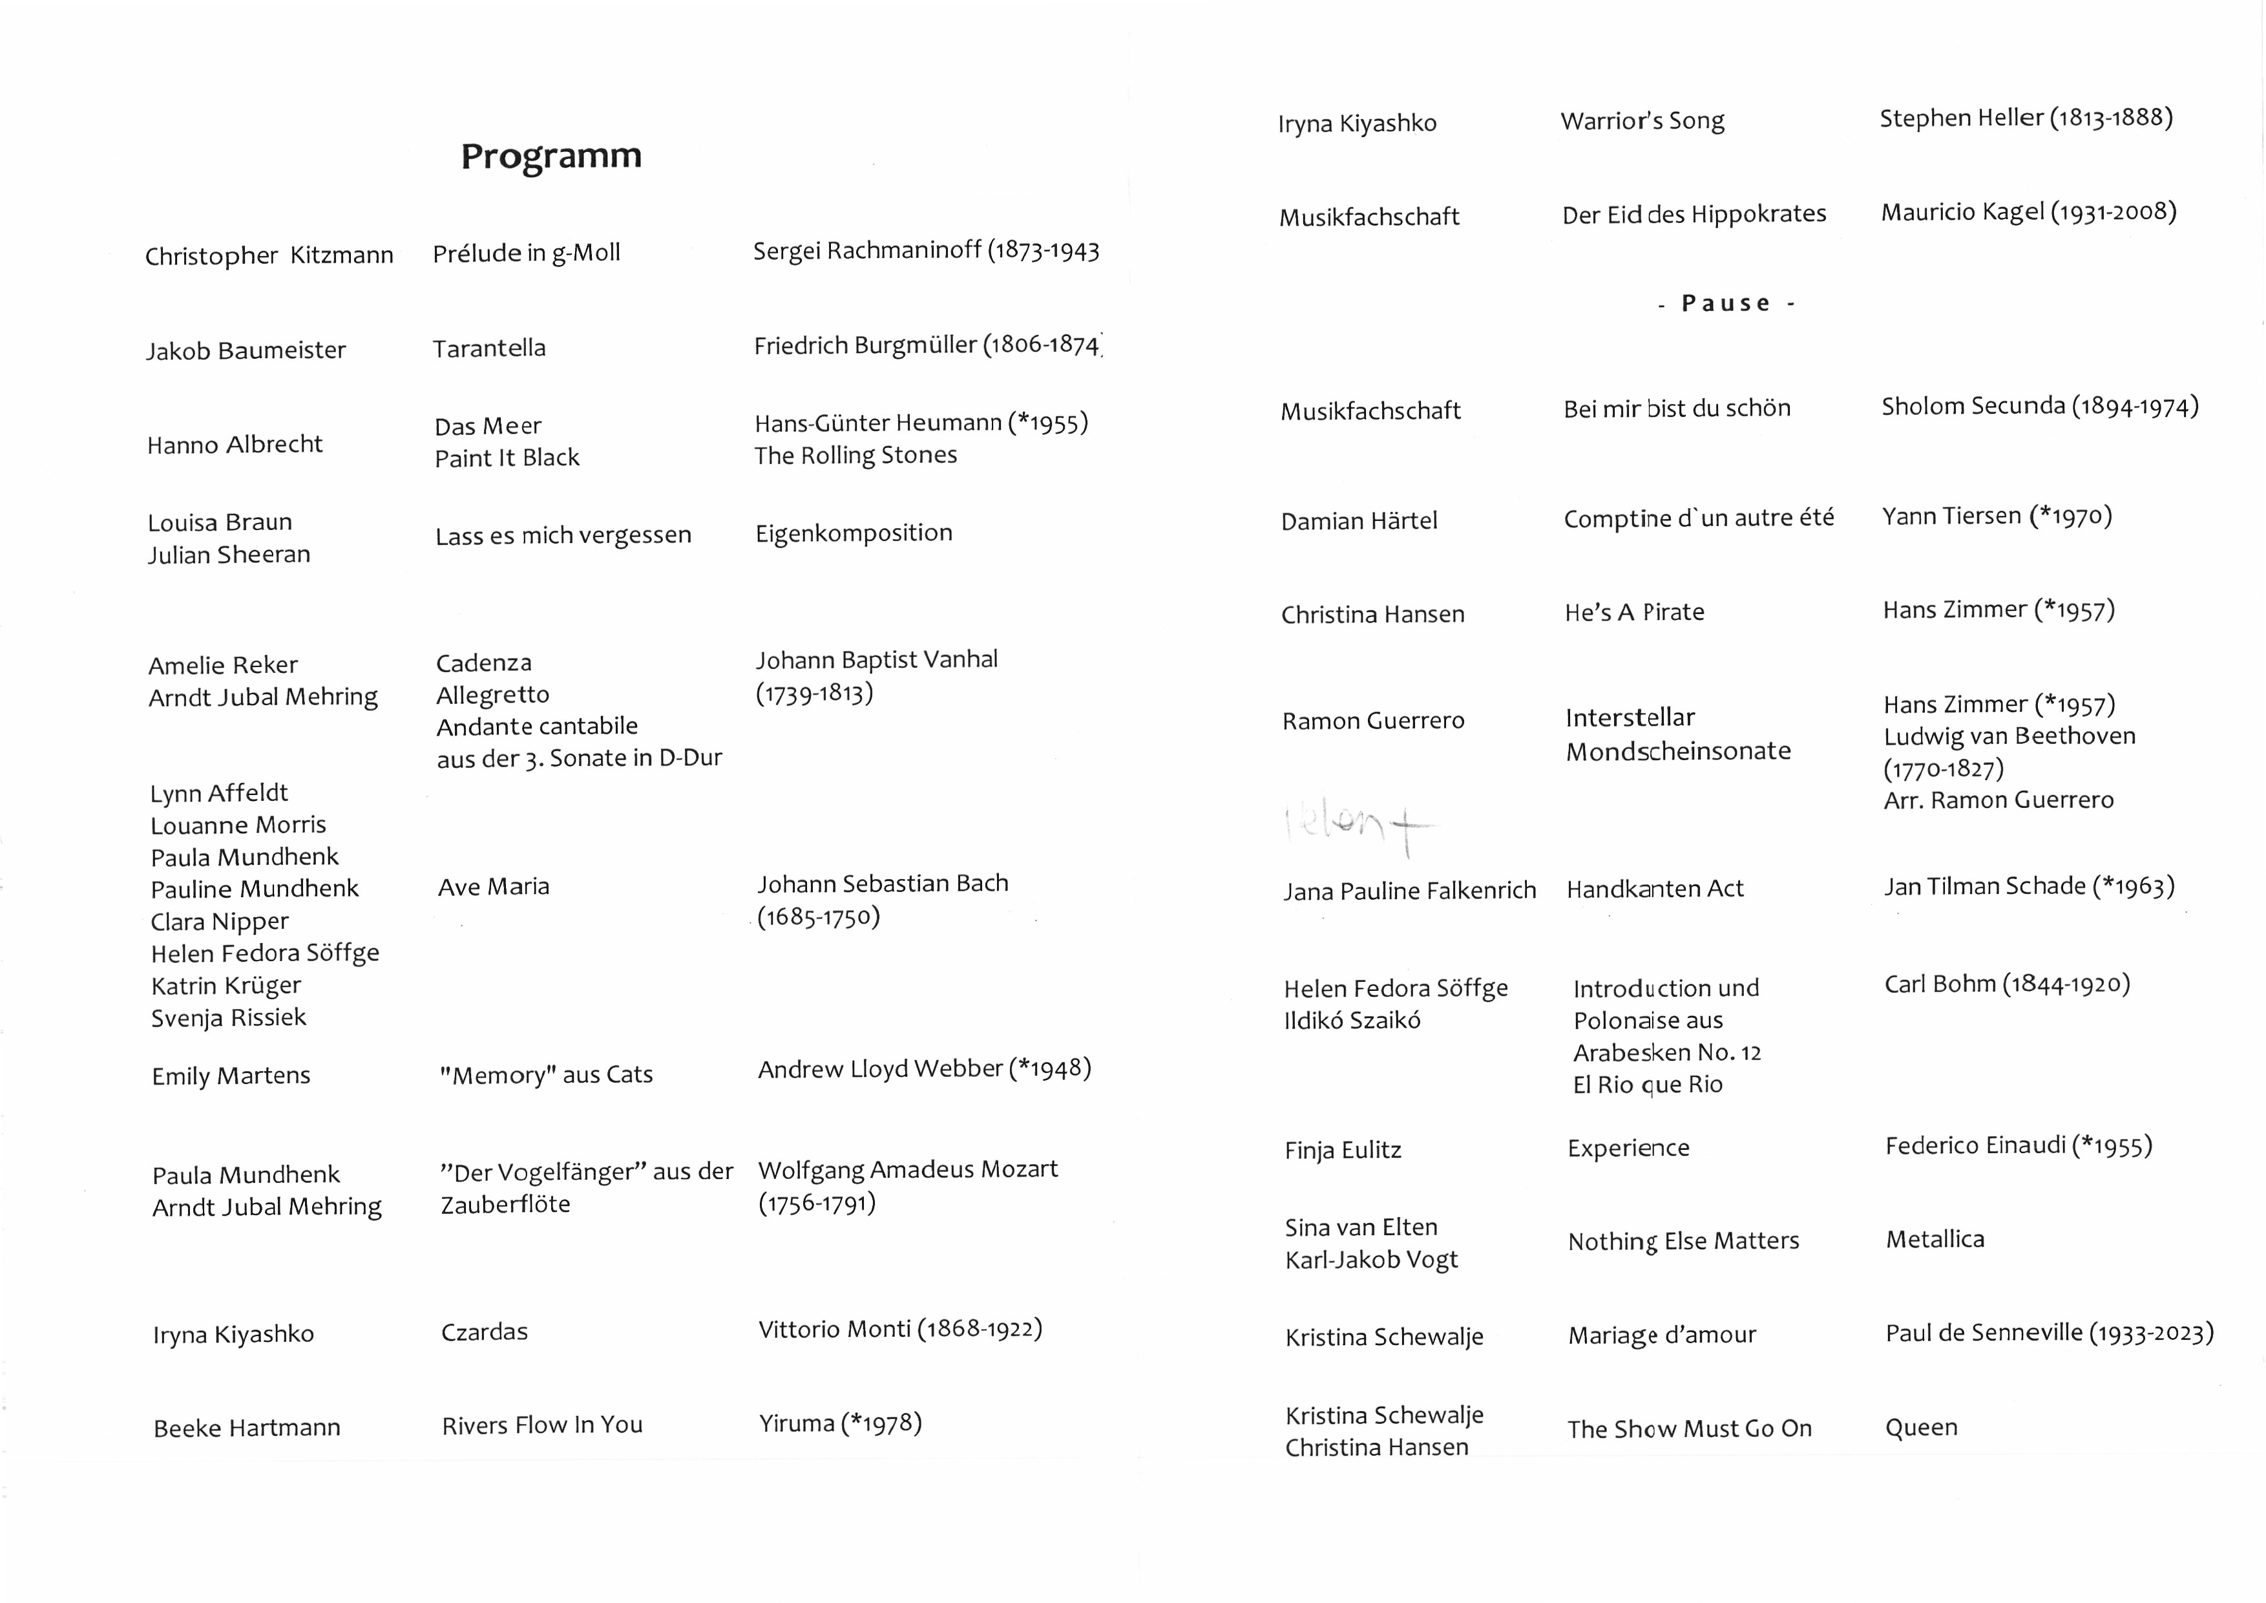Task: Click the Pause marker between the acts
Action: tap(1725, 303)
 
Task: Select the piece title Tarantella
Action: tap(488, 348)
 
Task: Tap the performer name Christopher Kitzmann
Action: tap(268, 256)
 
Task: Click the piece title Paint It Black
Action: tap(507, 458)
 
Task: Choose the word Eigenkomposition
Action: tap(854, 533)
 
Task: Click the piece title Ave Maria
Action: tap(494, 886)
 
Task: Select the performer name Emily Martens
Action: tap(231, 1076)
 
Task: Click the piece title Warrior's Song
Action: tap(1642, 122)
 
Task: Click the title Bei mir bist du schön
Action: tap(1677, 409)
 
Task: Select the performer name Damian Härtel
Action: tap(1359, 521)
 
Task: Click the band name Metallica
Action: tap(1935, 1240)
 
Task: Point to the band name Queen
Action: tap(1920, 1427)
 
